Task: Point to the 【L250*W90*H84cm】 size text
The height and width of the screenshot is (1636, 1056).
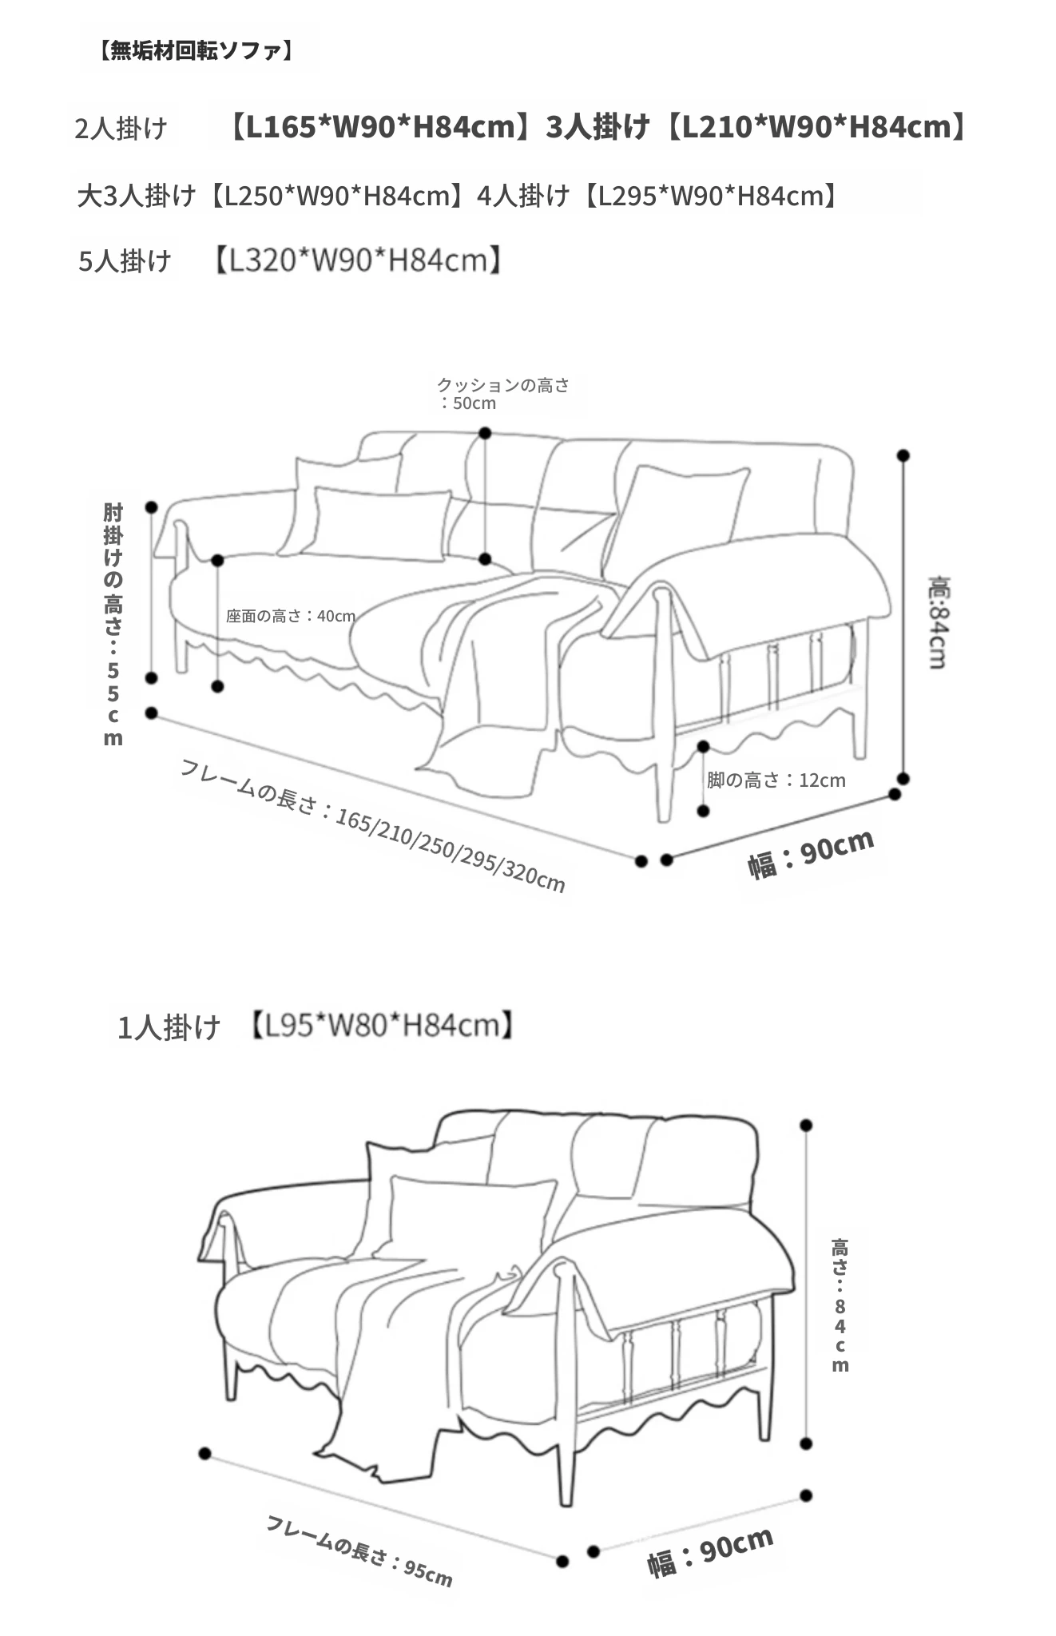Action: click(335, 196)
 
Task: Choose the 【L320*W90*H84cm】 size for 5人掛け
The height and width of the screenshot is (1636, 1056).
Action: click(357, 260)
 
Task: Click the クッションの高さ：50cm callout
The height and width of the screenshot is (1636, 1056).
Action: click(503, 394)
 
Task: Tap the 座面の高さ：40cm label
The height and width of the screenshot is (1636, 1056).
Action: click(291, 616)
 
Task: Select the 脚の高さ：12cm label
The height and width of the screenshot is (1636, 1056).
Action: click(776, 780)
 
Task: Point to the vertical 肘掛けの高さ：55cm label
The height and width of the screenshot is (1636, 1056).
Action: click(113, 625)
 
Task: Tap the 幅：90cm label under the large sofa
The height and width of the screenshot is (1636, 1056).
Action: click(811, 854)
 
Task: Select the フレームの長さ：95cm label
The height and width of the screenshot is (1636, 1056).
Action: click(359, 1551)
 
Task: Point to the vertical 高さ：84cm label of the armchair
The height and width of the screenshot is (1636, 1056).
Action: click(840, 1304)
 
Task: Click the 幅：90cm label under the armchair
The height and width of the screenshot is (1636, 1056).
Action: click(710, 1552)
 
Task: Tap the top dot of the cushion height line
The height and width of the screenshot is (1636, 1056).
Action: click(485, 433)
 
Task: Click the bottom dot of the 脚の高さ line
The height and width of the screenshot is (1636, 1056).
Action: click(703, 811)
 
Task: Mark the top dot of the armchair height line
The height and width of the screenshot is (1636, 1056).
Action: click(806, 1125)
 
